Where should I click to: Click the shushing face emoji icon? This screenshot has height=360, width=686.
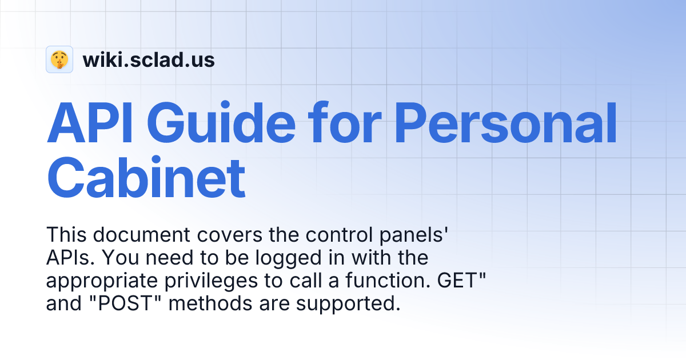(x=59, y=59)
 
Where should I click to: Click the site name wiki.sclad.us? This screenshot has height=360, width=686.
(x=149, y=59)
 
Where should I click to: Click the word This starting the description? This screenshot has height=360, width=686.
(x=66, y=235)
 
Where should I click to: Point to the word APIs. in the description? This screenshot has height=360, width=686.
(x=69, y=258)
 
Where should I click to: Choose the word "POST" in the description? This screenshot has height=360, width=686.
(x=127, y=303)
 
